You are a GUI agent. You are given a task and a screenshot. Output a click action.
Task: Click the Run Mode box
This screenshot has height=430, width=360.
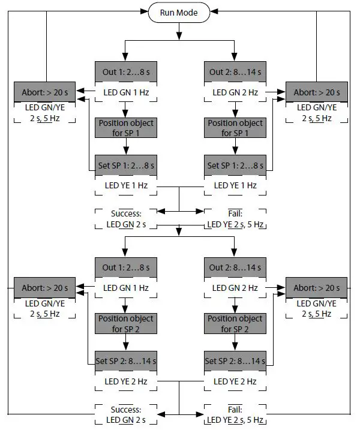179,12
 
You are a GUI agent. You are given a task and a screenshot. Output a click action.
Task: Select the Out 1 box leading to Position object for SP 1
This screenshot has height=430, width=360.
125,72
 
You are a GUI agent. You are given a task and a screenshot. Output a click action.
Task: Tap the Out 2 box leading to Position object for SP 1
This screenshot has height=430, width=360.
234,72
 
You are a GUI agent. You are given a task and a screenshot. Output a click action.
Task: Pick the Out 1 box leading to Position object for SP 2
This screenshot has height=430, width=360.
125,267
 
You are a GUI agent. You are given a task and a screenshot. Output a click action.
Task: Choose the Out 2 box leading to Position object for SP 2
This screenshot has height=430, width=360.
234,267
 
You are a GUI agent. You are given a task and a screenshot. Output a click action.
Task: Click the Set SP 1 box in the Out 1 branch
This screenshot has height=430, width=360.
125,165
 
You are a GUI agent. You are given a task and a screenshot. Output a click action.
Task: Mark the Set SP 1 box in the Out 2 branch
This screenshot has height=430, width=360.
234,165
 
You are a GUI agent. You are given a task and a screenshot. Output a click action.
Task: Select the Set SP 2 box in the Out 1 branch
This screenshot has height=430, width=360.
125,361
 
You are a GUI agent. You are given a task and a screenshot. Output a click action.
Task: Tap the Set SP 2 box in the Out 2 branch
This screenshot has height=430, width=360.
234,361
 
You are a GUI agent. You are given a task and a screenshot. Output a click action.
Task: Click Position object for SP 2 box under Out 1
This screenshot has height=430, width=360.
125,324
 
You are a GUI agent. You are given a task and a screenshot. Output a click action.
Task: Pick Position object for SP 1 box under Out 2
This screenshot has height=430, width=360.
234,128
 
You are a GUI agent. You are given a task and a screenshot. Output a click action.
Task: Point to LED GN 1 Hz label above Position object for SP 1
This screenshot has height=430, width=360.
125,93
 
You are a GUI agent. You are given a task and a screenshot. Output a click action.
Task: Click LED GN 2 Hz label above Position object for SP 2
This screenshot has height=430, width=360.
234,288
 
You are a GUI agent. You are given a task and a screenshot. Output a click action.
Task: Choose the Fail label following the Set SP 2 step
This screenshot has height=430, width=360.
234,414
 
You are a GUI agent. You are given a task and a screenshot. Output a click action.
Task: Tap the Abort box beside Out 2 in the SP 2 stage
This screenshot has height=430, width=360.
316,288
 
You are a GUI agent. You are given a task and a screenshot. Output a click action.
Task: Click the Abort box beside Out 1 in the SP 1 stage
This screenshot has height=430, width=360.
45,92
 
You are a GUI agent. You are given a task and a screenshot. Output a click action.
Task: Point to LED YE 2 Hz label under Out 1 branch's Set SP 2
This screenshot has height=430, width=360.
125,381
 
